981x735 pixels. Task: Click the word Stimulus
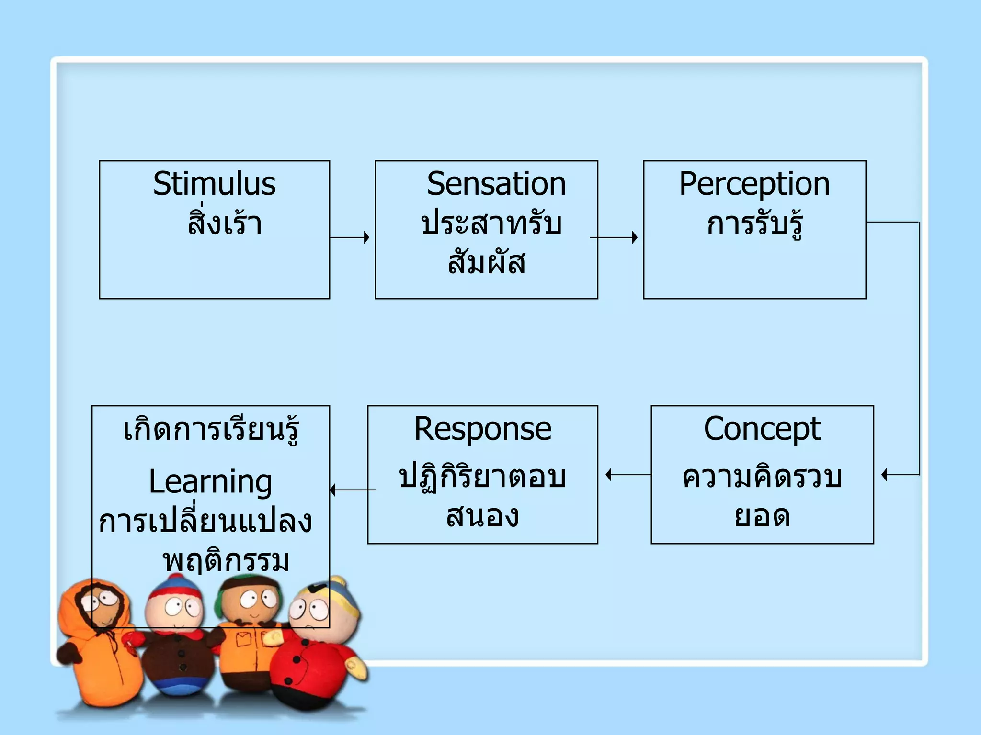pyautogui.click(x=214, y=184)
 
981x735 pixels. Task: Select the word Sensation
pyautogui.click(x=496, y=184)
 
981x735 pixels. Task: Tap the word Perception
pyautogui.click(x=754, y=184)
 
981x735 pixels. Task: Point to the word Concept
pyautogui.click(x=762, y=429)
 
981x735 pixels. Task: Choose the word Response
pyautogui.click(x=483, y=429)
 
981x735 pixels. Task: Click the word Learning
pyautogui.click(x=210, y=482)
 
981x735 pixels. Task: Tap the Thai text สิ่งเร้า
pyautogui.click(x=225, y=223)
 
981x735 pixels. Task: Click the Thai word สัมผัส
pyautogui.click(x=487, y=262)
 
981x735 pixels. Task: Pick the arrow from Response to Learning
pyautogui.click(x=353, y=490)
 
